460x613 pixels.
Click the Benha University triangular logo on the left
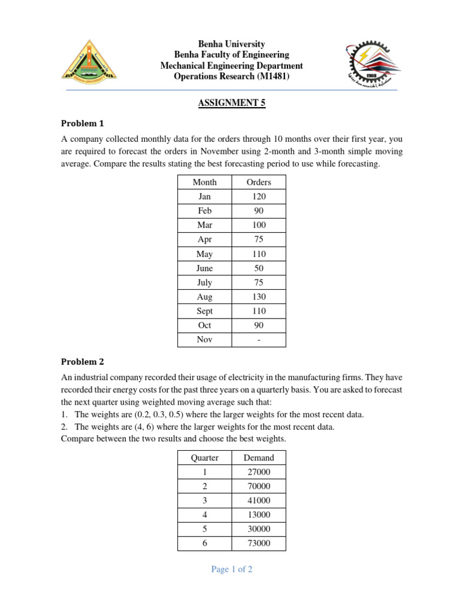89,60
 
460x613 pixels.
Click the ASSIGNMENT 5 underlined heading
231,103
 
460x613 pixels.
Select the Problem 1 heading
83,124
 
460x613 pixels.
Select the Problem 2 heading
83,362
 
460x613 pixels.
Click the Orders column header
259,182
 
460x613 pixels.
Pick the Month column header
205,182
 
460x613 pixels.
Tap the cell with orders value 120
259,196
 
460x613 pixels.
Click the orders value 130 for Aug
259,297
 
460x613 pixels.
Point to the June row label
205,268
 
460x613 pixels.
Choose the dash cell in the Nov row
259,340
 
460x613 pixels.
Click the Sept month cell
205,311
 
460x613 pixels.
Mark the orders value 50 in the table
259,268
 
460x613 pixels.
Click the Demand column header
259,457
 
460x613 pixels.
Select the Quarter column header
205,457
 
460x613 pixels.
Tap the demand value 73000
259,544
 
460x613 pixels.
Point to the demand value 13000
259,515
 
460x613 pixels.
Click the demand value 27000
259,472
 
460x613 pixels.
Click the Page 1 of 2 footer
232,569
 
